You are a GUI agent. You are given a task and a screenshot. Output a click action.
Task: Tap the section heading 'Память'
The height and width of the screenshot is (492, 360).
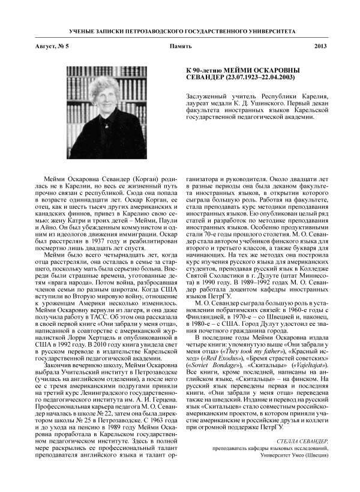pos(180,46)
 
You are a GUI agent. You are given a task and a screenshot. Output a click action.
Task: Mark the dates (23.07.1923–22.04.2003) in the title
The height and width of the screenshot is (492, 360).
pos(253,78)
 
